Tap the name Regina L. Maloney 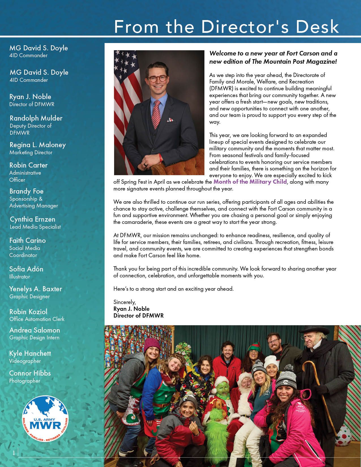click(x=38, y=145)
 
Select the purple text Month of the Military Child click(x=250, y=182)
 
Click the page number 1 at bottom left click(x=14, y=453)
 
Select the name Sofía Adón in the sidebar click(x=26, y=269)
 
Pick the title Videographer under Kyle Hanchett click(x=25, y=361)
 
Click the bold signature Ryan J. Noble click(x=131, y=309)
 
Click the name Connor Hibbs click(x=30, y=373)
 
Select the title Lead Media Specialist click(x=35, y=227)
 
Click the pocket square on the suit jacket click(x=170, y=120)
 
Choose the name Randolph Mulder click(x=36, y=118)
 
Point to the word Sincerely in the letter click(x=125, y=302)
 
